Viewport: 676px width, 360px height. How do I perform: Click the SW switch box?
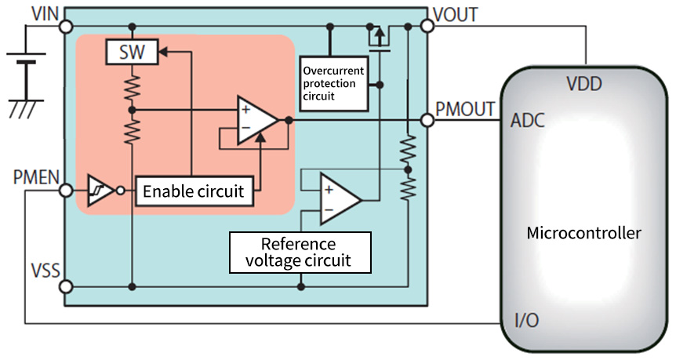tap(131, 53)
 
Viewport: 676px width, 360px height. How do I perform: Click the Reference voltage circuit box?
tap(300, 252)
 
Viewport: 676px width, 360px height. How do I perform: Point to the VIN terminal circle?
tap(65, 26)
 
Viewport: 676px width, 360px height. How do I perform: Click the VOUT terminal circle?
tap(427, 26)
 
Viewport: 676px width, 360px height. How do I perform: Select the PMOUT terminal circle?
tap(427, 120)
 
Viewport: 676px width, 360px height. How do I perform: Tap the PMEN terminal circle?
tap(65, 191)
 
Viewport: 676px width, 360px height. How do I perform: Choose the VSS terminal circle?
tap(65, 286)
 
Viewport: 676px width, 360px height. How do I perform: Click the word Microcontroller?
tap(583, 233)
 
